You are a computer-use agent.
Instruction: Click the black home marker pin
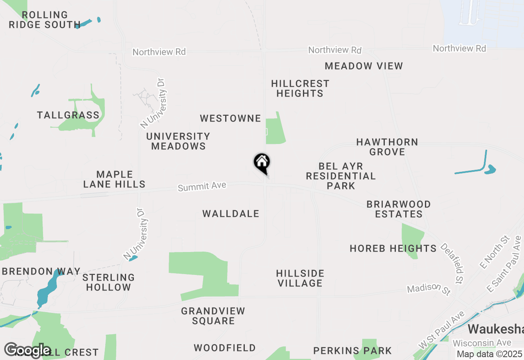262,163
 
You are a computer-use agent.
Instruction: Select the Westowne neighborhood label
230,119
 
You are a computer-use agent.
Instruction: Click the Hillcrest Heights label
300,88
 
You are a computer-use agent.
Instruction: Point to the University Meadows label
178,141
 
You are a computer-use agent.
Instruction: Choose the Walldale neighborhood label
231,214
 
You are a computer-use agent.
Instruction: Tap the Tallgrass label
68,115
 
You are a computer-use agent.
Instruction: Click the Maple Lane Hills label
114,180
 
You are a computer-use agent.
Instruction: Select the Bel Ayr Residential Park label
341,176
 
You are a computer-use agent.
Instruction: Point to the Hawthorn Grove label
387,147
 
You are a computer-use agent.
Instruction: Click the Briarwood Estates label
398,209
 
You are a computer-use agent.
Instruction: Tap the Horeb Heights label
393,248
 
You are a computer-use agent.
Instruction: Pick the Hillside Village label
300,278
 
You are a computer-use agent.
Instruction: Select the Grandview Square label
213,316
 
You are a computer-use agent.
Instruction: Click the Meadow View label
364,66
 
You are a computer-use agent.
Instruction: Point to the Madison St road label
429,289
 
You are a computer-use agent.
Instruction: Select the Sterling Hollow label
108,282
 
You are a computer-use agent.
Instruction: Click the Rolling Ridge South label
45,20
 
